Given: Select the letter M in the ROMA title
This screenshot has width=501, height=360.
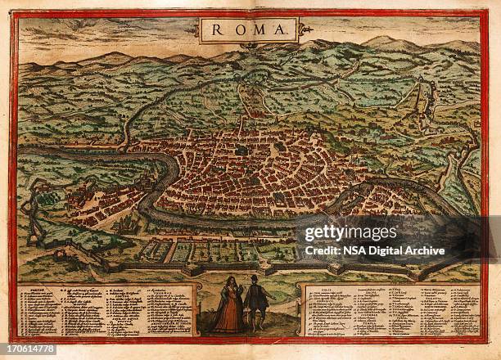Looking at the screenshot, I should (x=260, y=30).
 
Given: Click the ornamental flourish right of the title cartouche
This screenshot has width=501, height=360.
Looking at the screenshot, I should (x=307, y=30).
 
